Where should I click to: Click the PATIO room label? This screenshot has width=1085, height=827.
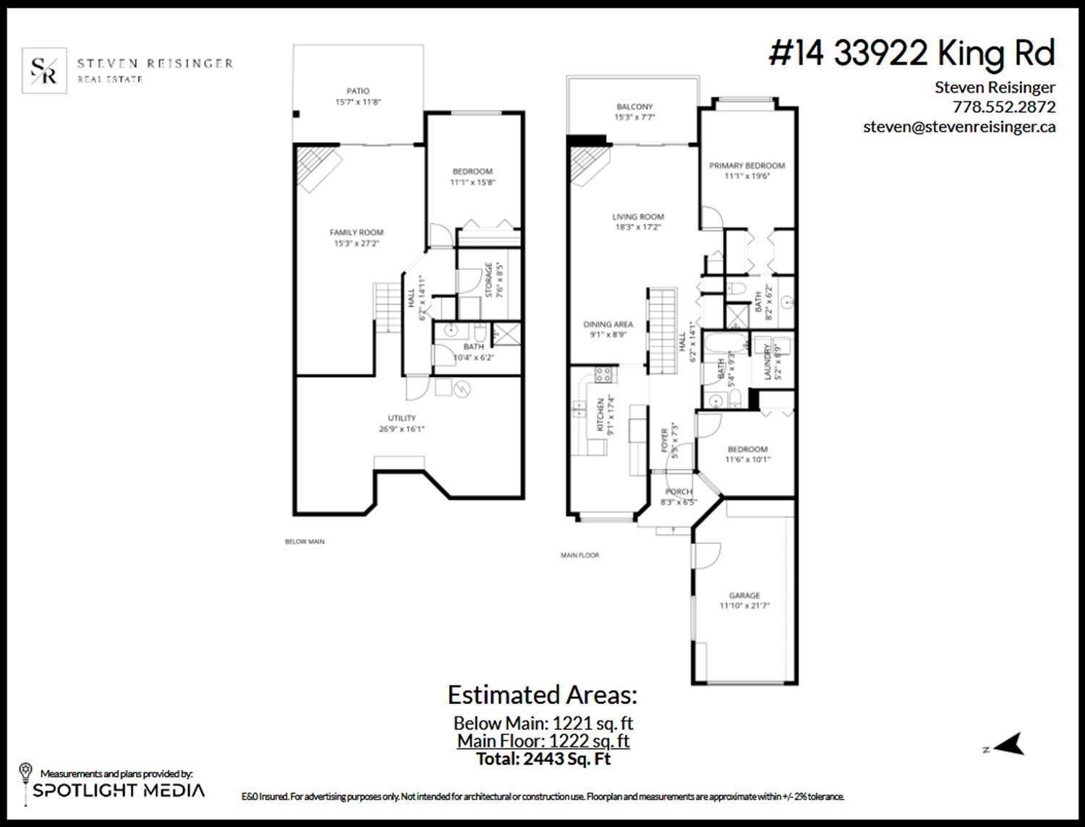pos(357,91)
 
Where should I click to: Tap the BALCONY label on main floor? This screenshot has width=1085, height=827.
pos(634,107)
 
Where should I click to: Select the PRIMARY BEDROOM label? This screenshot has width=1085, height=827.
pos(746,166)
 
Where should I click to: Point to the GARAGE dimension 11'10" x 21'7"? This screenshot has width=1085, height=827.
pos(744,606)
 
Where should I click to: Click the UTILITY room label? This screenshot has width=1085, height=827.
pos(401,418)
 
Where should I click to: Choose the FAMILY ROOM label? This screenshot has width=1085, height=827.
pos(357,232)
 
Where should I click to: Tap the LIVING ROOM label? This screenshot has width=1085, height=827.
pos(638,216)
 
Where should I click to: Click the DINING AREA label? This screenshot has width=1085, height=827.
pos(608,325)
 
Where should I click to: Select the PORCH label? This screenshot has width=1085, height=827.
pos(678,492)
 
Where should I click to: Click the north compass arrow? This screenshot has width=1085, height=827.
pos(1010,745)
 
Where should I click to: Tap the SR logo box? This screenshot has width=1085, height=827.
pos(45,70)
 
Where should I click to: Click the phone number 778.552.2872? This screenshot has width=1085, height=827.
pos(1004,107)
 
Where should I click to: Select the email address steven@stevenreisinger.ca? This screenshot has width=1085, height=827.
pos(959,127)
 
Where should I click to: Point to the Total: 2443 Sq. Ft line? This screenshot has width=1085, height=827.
pos(543,760)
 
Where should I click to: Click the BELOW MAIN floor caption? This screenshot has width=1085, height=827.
pos(305,541)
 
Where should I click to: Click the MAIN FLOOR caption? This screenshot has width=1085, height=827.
pos(579,556)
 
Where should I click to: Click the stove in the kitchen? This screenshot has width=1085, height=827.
pos(603,374)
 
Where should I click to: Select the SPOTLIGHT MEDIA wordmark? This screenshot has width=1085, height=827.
pos(119,790)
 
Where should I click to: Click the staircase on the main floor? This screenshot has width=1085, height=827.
pos(662,329)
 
